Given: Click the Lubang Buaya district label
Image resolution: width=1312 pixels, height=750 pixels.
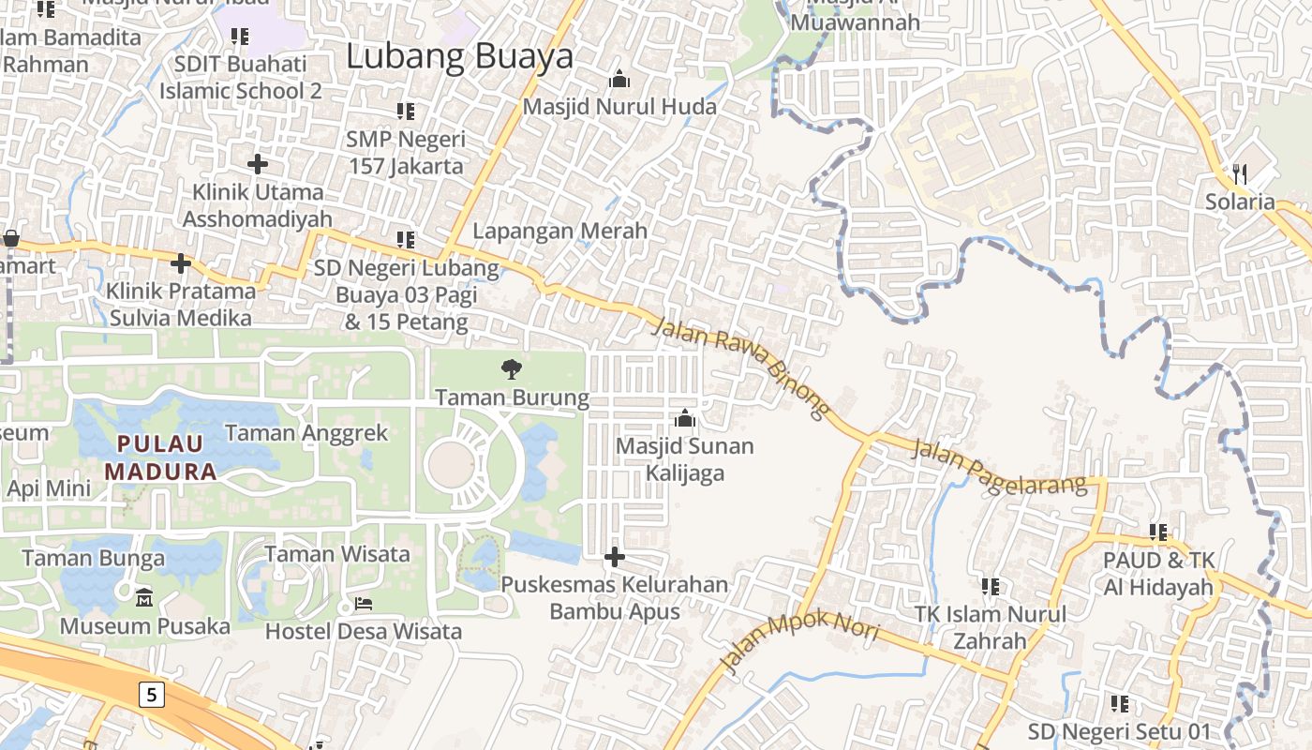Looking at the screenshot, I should tap(459, 56).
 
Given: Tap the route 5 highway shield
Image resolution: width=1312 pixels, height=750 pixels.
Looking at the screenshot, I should tap(152, 695).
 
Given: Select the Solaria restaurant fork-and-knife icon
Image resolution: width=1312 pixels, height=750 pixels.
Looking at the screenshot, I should tap(1240, 173).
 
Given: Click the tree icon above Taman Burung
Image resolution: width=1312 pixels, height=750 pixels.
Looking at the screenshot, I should tap(512, 368).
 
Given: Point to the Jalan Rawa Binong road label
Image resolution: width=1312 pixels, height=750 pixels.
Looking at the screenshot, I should tap(740, 367).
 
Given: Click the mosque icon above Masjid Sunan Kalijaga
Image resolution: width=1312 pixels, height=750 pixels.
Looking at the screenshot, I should tap(685, 418).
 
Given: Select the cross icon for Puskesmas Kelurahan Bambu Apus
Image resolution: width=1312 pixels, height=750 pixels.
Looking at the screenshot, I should tap(614, 558).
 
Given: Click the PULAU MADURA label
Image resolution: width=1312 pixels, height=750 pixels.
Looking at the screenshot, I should tap(159, 457).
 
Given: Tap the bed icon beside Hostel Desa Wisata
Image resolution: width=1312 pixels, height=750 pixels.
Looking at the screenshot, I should tap(364, 603).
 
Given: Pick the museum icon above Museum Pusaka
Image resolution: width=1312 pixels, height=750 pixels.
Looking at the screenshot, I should tap(144, 597).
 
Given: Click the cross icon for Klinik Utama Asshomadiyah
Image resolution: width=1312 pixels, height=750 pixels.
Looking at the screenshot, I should tap(258, 164).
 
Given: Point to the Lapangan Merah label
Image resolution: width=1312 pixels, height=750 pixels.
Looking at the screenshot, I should tap(559, 231).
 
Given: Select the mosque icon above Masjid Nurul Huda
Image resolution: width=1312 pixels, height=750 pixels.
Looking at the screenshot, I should tap(619, 79).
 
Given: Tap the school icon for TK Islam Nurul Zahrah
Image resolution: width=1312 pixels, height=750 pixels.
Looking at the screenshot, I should tap(990, 587).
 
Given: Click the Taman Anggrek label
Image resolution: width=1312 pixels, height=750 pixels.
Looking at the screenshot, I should tap(306, 433).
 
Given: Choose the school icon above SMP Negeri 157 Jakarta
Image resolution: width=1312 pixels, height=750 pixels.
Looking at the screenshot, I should tap(406, 112).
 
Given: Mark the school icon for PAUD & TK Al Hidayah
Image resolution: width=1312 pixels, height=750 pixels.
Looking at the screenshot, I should tap(1158, 532).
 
